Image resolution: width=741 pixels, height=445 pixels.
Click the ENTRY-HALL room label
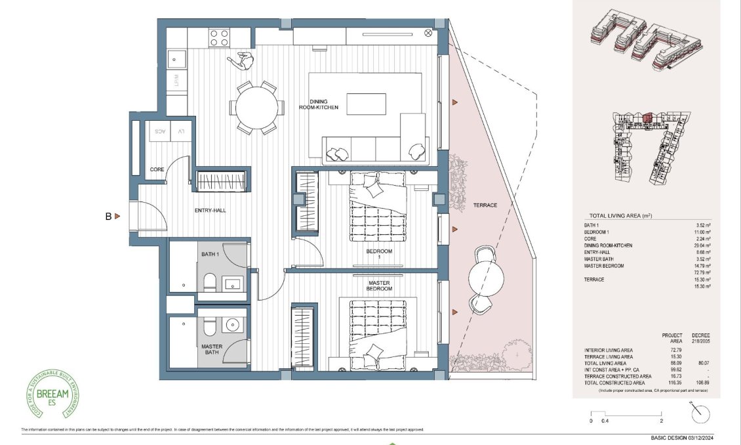[x=210, y=211]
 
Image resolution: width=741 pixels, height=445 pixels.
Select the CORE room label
[x=157, y=169]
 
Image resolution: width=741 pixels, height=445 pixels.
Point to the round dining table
[x=256, y=107]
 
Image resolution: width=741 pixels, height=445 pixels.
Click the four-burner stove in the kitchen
[x=220, y=38]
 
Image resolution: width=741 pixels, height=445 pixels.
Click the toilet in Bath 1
[x=209, y=283]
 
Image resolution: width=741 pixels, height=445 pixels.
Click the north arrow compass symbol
[x=700, y=413]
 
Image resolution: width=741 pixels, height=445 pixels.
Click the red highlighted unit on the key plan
[x=647, y=118]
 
